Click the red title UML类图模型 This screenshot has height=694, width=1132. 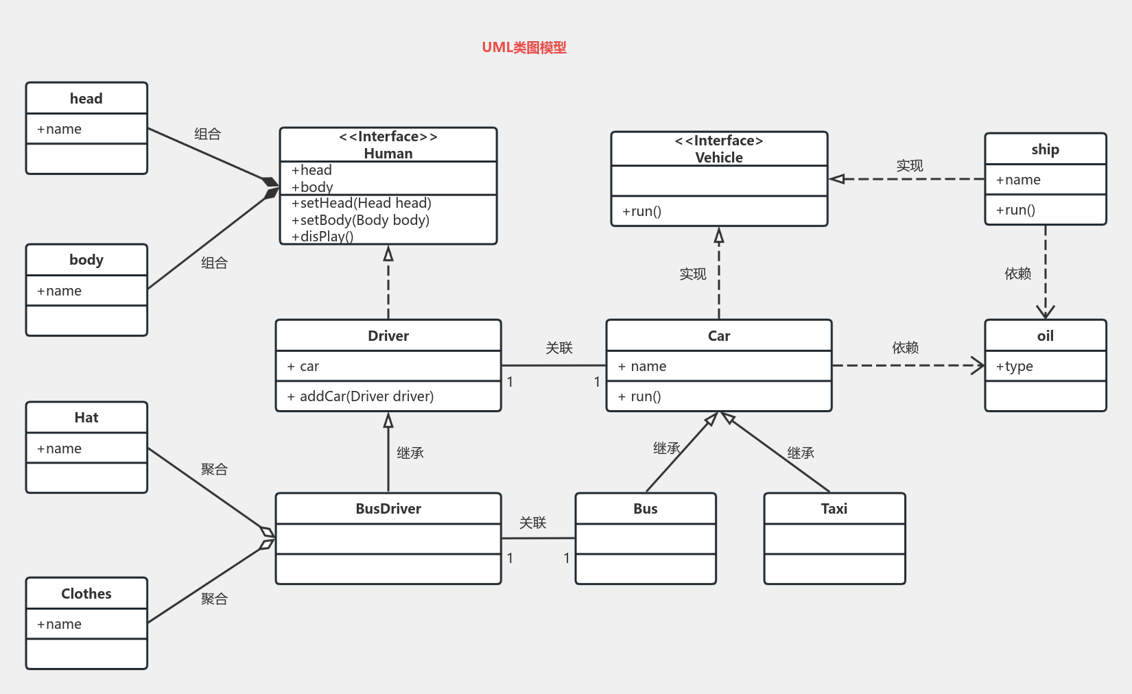pos(523,47)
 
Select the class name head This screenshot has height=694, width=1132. pos(86,98)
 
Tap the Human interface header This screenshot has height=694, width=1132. pos(388,145)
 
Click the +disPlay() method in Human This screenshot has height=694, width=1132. pos(322,237)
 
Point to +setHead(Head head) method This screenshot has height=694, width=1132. pos(362,203)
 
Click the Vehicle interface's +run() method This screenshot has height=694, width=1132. pos(641,211)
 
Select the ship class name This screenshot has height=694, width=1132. pos(1045,149)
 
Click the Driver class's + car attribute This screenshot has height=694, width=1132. pos(303,366)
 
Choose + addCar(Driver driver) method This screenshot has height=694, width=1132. pos(360,396)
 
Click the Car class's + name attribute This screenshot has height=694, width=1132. pos(642,366)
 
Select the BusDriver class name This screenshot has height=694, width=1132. pos(388,509)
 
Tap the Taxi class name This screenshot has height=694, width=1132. pos(834,509)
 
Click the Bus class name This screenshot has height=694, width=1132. pos(646,509)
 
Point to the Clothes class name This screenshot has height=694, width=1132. pos(86,594)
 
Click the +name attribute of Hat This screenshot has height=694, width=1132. pos(60,448)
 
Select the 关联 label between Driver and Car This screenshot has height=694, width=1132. pos(559,348)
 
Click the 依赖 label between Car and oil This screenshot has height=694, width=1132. pos(906,348)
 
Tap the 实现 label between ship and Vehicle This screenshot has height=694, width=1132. pos(910,166)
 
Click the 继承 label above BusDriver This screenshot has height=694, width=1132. pos(410,453)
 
